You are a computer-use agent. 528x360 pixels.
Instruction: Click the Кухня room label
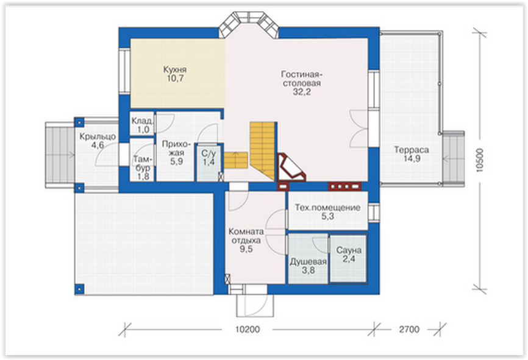pyautogui.click(x=175, y=69)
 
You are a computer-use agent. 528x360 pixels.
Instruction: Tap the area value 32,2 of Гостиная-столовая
pyautogui.click(x=301, y=92)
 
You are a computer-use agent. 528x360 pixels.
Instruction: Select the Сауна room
pyautogui.click(x=348, y=258)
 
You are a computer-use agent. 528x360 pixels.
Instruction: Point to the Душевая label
pyautogui.click(x=308, y=262)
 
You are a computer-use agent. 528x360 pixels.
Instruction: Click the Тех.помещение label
pyautogui.click(x=327, y=208)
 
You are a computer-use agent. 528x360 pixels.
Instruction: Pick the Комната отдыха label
pyautogui.click(x=246, y=236)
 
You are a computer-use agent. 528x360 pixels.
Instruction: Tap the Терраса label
pyautogui.click(x=412, y=150)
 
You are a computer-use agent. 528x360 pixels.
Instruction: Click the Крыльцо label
pyautogui.click(x=98, y=136)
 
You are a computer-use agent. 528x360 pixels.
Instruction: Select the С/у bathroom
pyautogui.click(x=209, y=163)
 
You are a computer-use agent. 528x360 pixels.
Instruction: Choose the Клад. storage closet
pyautogui.click(x=142, y=124)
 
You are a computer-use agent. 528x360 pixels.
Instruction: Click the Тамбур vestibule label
pyautogui.click(x=143, y=163)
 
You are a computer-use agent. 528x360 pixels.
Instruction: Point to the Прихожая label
pyautogui.click(x=176, y=149)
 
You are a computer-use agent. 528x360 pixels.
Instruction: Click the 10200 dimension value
pyautogui.click(x=247, y=329)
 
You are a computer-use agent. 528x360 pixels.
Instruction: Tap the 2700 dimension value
pyautogui.click(x=409, y=329)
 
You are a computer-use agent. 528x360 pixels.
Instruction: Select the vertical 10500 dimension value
pyautogui.click(x=480, y=160)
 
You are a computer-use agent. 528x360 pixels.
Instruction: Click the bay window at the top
pyautogui.click(x=249, y=24)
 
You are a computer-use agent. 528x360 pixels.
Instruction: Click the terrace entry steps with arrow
pyautogui.click(x=453, y=158)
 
